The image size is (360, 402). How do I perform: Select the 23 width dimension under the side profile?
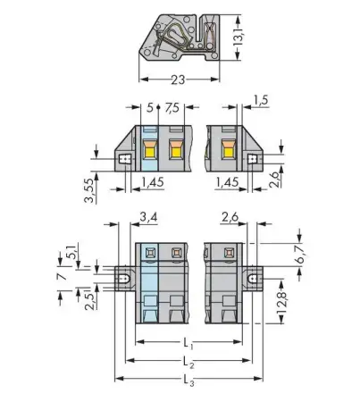pyautogui.click(x=180, y=80)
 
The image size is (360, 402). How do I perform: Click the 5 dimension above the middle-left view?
pyautogui.click(x=149, y=108)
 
